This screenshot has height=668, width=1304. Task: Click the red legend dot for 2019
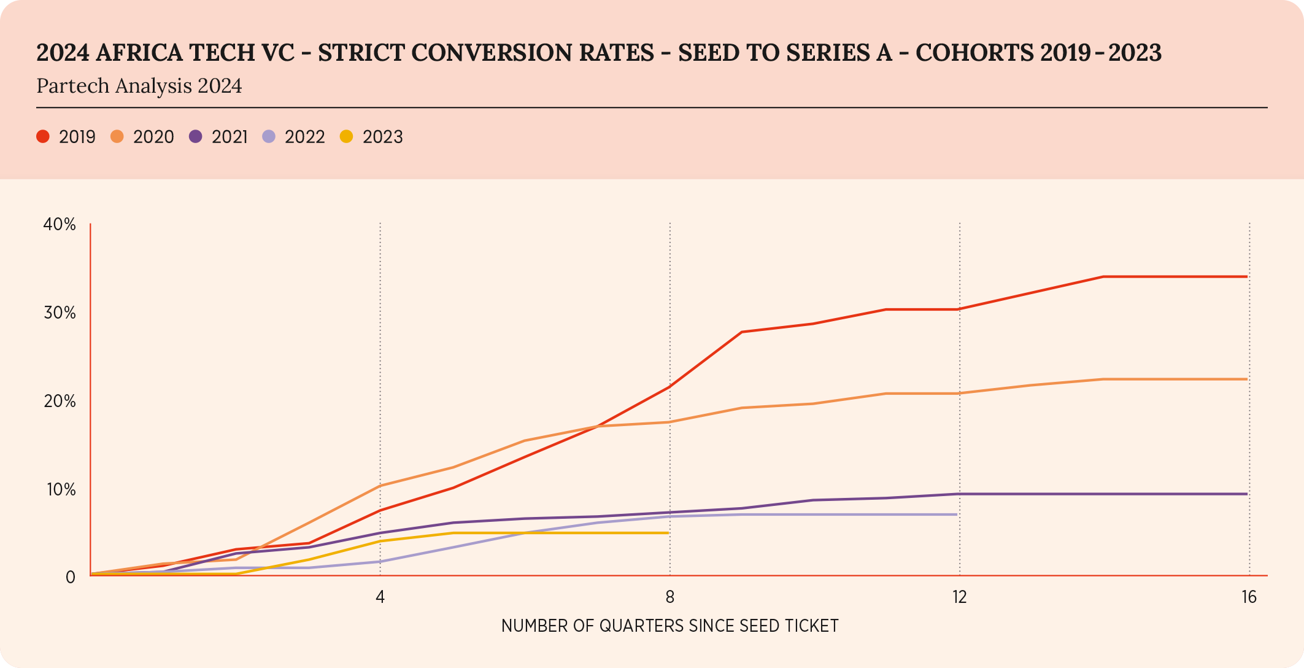tap(43, 136)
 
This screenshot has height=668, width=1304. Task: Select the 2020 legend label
tap(153, 137)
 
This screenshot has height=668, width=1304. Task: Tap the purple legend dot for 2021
tap(196, 136)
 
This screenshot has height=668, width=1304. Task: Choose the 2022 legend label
tap(304, 137)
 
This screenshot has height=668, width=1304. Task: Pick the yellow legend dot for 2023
tap(347, 136)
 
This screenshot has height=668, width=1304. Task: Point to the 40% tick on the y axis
tap(60, 225)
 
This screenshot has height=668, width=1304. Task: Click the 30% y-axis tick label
tap(60, 313)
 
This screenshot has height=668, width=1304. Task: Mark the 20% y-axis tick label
tap(60, 402)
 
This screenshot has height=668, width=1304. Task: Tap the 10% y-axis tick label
tap(60, 489)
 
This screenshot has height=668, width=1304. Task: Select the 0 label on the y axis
tap(71, 577)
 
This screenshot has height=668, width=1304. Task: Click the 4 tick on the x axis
tap(380, 597)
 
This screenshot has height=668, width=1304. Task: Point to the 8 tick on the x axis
tap(670, 597)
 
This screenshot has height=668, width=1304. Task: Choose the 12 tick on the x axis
tap(960, 597)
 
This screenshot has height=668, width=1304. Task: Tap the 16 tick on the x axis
tap(1249, 597)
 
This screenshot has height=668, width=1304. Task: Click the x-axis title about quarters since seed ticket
tap(669, 626)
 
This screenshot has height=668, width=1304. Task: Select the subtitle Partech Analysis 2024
tap(139, 86)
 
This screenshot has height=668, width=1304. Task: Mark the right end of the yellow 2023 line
tap(668, 533)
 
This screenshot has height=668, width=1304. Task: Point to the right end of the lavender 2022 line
tap(957, 515)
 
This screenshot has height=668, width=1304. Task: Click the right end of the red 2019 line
tap(1246, 277)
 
